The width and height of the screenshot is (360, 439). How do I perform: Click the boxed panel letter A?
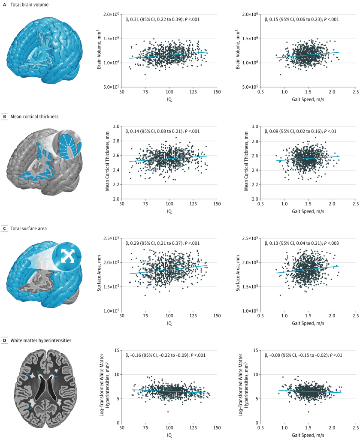click(x=4, y=4)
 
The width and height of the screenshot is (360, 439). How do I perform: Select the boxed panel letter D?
click(x=4, y=340)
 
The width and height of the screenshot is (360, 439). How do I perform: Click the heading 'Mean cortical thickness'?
click(x=35, y=116)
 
